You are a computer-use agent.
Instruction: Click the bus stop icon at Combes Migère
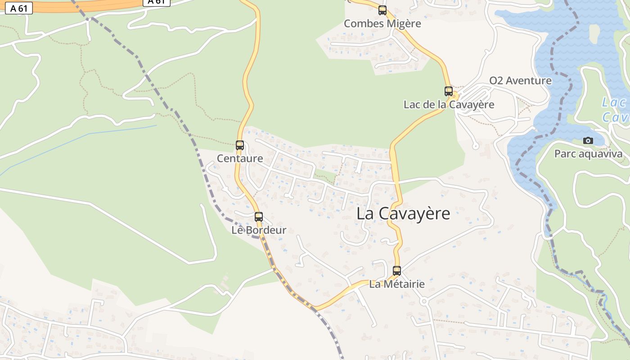click(382, 10)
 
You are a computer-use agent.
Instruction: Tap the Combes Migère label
click(382, 23)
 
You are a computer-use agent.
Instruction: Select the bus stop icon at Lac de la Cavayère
click(449, 91)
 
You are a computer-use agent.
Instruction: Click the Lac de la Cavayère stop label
click(449, 105)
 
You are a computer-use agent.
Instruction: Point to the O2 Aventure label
click(520, 81)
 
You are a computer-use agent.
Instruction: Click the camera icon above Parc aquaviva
click(588, 141)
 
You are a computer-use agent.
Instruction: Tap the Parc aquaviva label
click(588, 154)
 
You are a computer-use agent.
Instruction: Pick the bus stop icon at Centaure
click(240, 145)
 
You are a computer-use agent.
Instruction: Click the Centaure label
click(240, 158)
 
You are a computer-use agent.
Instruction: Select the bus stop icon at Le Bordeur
click(259, 217)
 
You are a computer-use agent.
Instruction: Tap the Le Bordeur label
click(259, 230)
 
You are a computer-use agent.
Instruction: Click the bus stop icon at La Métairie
click(397, 271)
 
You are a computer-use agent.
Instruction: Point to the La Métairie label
click(397, 284)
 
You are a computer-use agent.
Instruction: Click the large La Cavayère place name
click(403, 214)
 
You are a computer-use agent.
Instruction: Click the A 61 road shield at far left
click(19, 8)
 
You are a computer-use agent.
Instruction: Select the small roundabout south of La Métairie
click(423, 301)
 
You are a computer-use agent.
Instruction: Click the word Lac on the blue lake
click(613, 103)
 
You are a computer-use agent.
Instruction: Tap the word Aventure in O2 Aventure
click(528, 81)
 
